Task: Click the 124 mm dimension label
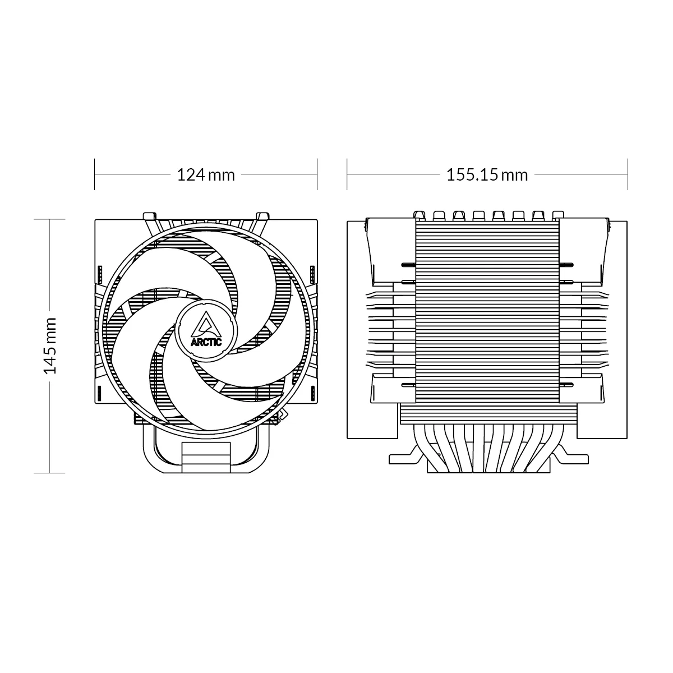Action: click(x=206, y=175)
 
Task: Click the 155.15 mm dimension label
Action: click(x=487, y=175)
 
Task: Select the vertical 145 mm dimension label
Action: click(x=50, y=345)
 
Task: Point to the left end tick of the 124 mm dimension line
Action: click(x=95, y=174)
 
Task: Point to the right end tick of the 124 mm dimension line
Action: click(x=317, y=174)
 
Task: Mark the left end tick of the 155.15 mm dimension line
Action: click(x=347, y=174)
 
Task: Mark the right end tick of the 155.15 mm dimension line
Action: click(x=626, y=174)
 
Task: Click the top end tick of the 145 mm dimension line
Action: click(x=50, y=219)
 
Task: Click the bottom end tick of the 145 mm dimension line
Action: click(x=50, y=473)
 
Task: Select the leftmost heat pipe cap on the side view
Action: click(x=420, y=215)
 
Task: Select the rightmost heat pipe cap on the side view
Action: click(x=557, y=215)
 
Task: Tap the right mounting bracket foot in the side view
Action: click(x=572, y=457)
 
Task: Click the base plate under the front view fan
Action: click(x=206, y=454)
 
